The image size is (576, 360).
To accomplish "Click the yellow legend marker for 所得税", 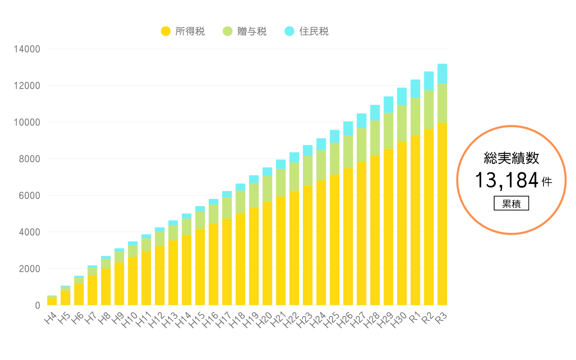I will (x=165, y=31).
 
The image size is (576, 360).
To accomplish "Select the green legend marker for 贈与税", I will (x=228, y=31).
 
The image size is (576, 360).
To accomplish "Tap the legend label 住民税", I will (x=314, y=31).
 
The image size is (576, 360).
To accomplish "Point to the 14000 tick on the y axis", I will (x=27, y=49).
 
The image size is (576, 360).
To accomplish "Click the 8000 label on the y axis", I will (x=29, y=159).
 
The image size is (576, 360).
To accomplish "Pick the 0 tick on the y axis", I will (x=37, y=305).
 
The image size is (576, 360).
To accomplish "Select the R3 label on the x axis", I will (x=441, y=318).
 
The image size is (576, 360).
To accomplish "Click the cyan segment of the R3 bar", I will (x=442, y=74).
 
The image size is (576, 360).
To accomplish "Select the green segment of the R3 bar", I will (x=442, y=103).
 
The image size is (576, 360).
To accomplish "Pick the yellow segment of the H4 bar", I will (x=52, y=301).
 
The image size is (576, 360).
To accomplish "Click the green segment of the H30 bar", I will (x=402, y=123).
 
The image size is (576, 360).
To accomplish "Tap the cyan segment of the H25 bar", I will (x=334, y=137).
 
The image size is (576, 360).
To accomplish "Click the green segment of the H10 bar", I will (x=132, y=251).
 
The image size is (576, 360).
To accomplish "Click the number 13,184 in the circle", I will (x=506, y=180).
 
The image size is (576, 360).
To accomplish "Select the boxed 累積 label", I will (x=511, y=203).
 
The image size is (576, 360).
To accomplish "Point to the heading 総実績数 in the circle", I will (x=511, y=158).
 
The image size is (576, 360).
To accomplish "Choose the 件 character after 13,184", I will (x=547, y=182).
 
